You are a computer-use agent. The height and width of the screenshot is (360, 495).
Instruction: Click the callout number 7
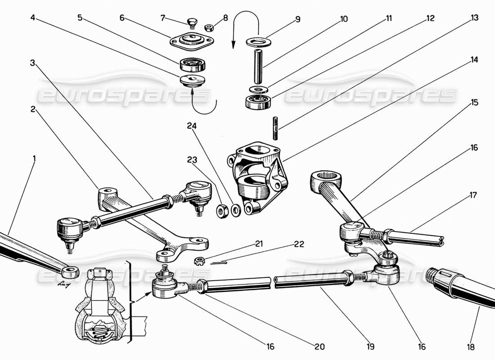pos(163,18)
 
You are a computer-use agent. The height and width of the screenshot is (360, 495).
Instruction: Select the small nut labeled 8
pos(209,27)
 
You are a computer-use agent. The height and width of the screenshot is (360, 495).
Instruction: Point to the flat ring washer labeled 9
pos(258,42)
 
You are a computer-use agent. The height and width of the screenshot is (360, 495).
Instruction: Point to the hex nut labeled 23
pos(221,210)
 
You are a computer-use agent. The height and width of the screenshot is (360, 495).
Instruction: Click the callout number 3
pos(32,63)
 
